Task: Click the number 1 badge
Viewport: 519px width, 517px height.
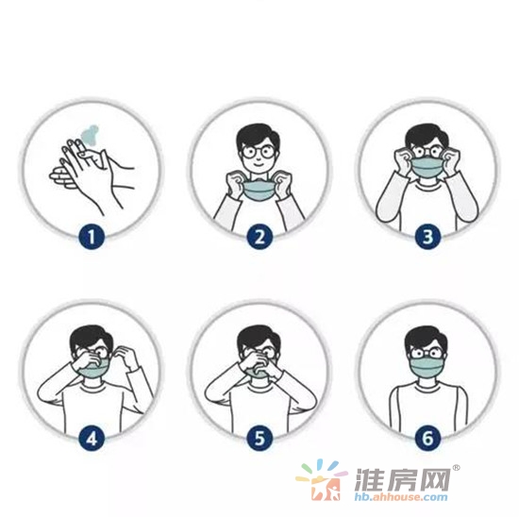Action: click(x=92, y=237)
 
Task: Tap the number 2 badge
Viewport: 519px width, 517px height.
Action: click(x=259, y=237)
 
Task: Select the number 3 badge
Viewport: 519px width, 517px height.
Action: click(x=427, y=237)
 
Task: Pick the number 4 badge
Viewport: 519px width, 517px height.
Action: click(x=92, y=439)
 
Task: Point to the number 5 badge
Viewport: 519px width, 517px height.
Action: click(x=259, y=439)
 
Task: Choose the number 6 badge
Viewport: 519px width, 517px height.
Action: click(x=427, y=439)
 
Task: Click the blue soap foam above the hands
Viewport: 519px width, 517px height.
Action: click(x=90, y=135)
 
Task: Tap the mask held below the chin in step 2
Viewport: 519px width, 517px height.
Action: click(x=260, y=191)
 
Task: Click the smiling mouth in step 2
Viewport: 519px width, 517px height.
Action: click(x=258, y=164)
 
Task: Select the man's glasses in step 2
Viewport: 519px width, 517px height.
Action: click(x=259, y=152)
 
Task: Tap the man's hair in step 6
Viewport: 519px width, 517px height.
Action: click(x=426, y=339)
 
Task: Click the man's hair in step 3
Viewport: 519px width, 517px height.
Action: click(x=426, y=137)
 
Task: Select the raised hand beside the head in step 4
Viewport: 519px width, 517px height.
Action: click(x=125, y=358)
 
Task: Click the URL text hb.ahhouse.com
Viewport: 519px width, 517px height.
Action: click(x=401, y=496)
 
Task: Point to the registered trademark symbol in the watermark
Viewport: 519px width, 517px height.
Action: click(x=456, y=468)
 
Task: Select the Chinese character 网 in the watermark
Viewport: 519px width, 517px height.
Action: click(x=433, y=479)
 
